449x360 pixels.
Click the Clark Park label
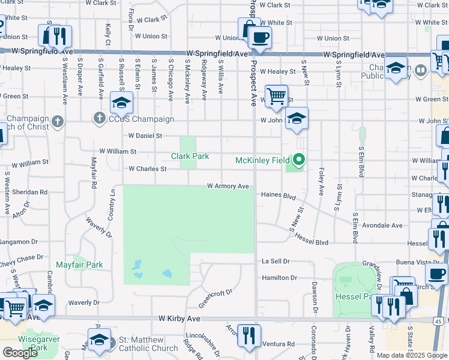click(x=190, y=156)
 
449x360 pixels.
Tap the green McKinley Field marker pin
click(x=299, y=160)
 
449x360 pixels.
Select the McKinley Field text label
click(x=262, y=160)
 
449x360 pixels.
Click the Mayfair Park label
click(x=79, y=265)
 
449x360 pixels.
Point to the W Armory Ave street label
click(x=228, y=187)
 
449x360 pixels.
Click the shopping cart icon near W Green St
click(x=276, y=95)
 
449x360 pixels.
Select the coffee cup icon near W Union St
click(x=259, y=37)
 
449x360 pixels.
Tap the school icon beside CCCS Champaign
click(x=121, y=103)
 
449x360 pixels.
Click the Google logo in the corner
click(x=20, y=353)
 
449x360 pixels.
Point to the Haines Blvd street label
click(x=279, y=196)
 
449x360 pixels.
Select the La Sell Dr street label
click(x=276, y=262)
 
